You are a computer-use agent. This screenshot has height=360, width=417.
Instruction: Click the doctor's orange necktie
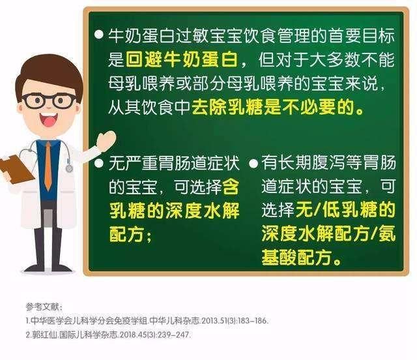pyautogui.click(x=48, y=165)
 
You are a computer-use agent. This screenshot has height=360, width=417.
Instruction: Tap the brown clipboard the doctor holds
pyautogui.click(x=16, y=169)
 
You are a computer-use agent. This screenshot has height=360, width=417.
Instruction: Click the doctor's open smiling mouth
pyautogui.click(x=49, y=119)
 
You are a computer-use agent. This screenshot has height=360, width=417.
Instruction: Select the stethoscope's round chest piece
pyautogui.click(x=69, y=168)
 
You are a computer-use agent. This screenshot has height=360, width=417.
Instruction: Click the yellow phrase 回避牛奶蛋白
pyautogui.click(x=182, y=59)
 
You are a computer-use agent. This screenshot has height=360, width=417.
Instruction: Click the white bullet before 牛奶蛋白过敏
pyautogui.click(x=99, y=34)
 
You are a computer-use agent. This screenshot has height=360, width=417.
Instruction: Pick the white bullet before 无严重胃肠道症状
pyautogui.click(x=99, y=163)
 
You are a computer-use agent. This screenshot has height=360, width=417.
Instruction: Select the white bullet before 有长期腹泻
pyautogui.click(x=253, y=163)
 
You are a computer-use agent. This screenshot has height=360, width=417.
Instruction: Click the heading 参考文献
pyautogui.click(x=43, y=307)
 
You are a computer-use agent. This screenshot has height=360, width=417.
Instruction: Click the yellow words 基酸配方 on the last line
pyautogui.click(x=296, y=258)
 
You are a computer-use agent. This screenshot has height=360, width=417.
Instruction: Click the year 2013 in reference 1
pyautogui.click(x=208, y=321)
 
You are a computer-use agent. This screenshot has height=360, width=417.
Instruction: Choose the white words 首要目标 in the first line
pyautogui.click(x=361, y=35)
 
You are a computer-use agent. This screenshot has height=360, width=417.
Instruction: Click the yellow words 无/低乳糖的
pyautogui.click(x=346, y=209)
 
